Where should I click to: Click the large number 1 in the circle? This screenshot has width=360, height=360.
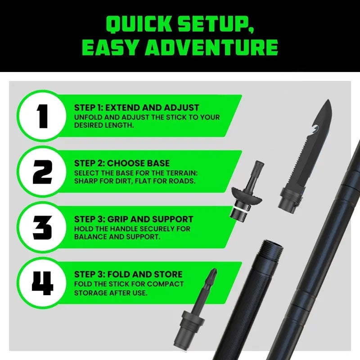[42, 116]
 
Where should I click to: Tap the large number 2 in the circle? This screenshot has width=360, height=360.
[42, 172]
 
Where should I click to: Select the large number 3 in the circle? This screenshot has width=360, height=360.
[42, 228]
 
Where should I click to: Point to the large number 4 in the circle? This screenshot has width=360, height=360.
[42, 283]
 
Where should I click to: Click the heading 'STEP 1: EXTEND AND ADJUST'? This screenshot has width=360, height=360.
[137, 108]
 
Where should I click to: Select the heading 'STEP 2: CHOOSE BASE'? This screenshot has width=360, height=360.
[122, 163]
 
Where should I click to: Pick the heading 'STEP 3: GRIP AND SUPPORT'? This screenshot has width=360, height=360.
[134, 219]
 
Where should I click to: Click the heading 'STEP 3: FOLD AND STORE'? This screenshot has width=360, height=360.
[128, 274]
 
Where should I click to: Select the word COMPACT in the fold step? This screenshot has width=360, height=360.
[165, 284]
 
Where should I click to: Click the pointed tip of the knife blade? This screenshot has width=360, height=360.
[329, 100]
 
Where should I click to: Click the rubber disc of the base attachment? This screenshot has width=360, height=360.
[247, 195]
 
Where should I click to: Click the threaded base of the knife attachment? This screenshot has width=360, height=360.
[289, 199]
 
